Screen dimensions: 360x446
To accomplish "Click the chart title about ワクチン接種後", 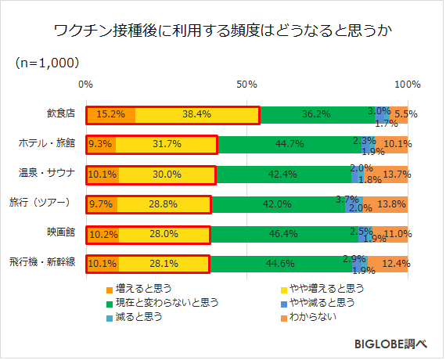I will point(222,32).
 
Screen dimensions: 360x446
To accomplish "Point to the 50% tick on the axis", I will point(247,84).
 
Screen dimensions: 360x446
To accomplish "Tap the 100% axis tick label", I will point(407,84).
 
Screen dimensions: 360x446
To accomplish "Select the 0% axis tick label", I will point(87,84).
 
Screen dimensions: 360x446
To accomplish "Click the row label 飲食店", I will point(59,113).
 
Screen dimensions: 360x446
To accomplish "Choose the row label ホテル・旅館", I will point(46,143).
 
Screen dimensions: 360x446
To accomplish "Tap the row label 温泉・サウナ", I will point(46,173).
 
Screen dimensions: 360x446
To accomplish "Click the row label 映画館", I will point(59,232).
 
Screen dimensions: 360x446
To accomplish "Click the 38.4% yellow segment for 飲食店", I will point(197,114).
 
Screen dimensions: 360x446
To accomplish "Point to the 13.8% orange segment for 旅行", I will point(391,203).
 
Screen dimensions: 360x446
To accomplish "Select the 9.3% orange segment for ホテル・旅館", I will point(101,144).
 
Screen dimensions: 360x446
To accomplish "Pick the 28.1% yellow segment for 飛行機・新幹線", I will point(164,263).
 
